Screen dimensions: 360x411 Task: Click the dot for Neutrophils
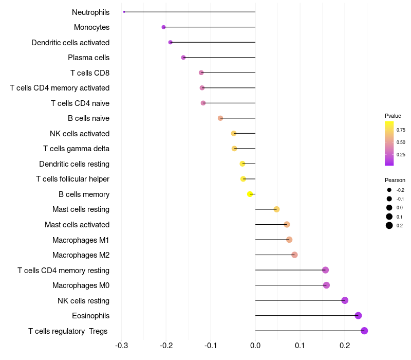[x=124, y=12]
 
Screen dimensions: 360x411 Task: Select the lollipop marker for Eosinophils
[x=358, y=316]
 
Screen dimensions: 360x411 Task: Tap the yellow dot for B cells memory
[x=250, y=194]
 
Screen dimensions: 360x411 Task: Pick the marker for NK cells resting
[x=345, y=300]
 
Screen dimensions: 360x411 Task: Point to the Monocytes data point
[x=163, y=27]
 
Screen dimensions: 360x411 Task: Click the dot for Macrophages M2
[x=294, y=255]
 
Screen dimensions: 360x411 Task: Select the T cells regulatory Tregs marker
[x=364, y=331]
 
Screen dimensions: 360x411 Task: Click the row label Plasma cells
[x=88, y=58]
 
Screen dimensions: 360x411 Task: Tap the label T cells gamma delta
[x=76, y=149]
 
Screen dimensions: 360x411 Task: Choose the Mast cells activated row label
[x=77, y=225]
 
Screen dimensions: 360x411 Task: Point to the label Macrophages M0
[x=81, y=285]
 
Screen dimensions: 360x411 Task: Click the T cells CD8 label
[x=90, y=73]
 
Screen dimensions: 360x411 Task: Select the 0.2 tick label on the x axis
[x=345, y=345]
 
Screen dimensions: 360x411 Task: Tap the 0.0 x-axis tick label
[x=255, y=345]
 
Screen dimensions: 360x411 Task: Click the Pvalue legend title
[x=393, y=116]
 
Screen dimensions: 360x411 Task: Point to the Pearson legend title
[x=395, y=181]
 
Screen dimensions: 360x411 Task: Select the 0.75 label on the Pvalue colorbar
[x=401, y=130]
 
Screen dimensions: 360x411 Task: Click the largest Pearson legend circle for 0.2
[x=389, y=225]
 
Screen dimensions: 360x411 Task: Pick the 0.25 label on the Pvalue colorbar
[x=401, y=154]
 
